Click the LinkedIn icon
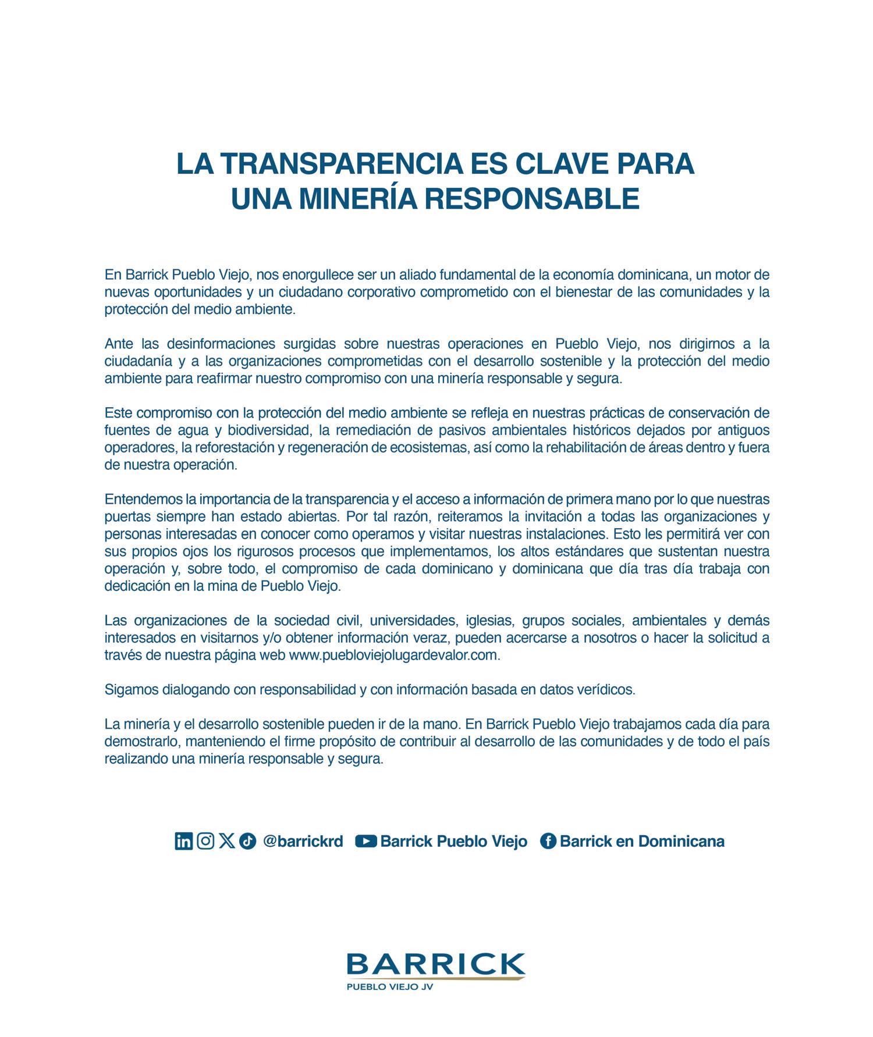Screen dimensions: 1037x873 click(x=183, y=841)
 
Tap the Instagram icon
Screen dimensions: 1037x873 click(x=205, y=841)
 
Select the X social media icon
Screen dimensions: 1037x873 click(x=227, y=841)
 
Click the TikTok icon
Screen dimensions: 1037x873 click(x=247, y=841)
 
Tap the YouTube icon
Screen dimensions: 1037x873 click(x=365, y=841)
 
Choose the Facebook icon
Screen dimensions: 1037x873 click(x=548, y=841)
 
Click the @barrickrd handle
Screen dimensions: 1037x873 click(x=303, y=841)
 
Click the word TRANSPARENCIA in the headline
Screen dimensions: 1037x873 click(x=327, y=163)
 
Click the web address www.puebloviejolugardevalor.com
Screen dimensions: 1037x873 click(x=394, y=655)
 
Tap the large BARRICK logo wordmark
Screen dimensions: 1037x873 click(x=435, y=964)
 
